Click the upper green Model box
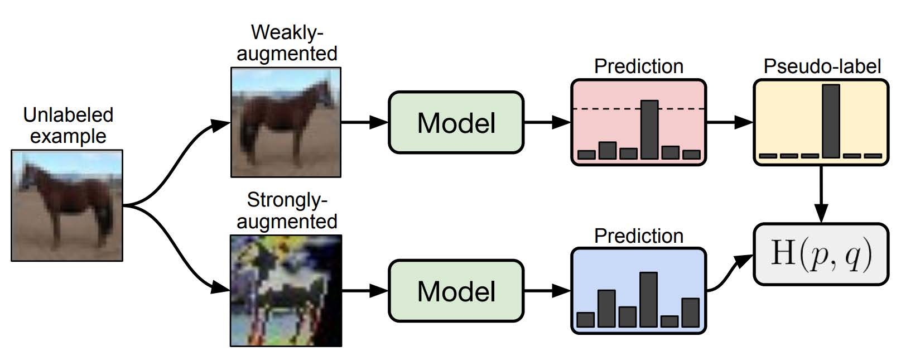pos(456,122)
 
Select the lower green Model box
pos(456,291)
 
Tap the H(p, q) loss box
pos(821,254)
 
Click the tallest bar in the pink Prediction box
pos(649,129)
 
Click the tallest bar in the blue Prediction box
pos(648,299)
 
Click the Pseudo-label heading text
pos(822,66)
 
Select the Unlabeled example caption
pos(68,126)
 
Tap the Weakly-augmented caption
pos(287,43)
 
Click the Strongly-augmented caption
pos(287,210)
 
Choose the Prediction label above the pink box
pos(638,66)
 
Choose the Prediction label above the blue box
pos(638,236)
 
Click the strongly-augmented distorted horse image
pos(286,291)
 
